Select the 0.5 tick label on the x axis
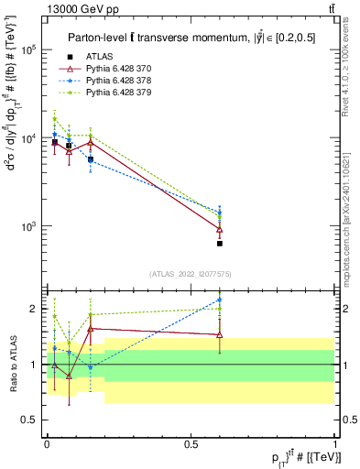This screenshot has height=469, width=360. click(x=191, y=443)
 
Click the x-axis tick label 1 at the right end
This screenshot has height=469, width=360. click(x=335, y=443)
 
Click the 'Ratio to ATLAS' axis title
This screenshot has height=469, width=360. click(x=12, y=365)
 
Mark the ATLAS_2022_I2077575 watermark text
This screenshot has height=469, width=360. click(x=190, y=274)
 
